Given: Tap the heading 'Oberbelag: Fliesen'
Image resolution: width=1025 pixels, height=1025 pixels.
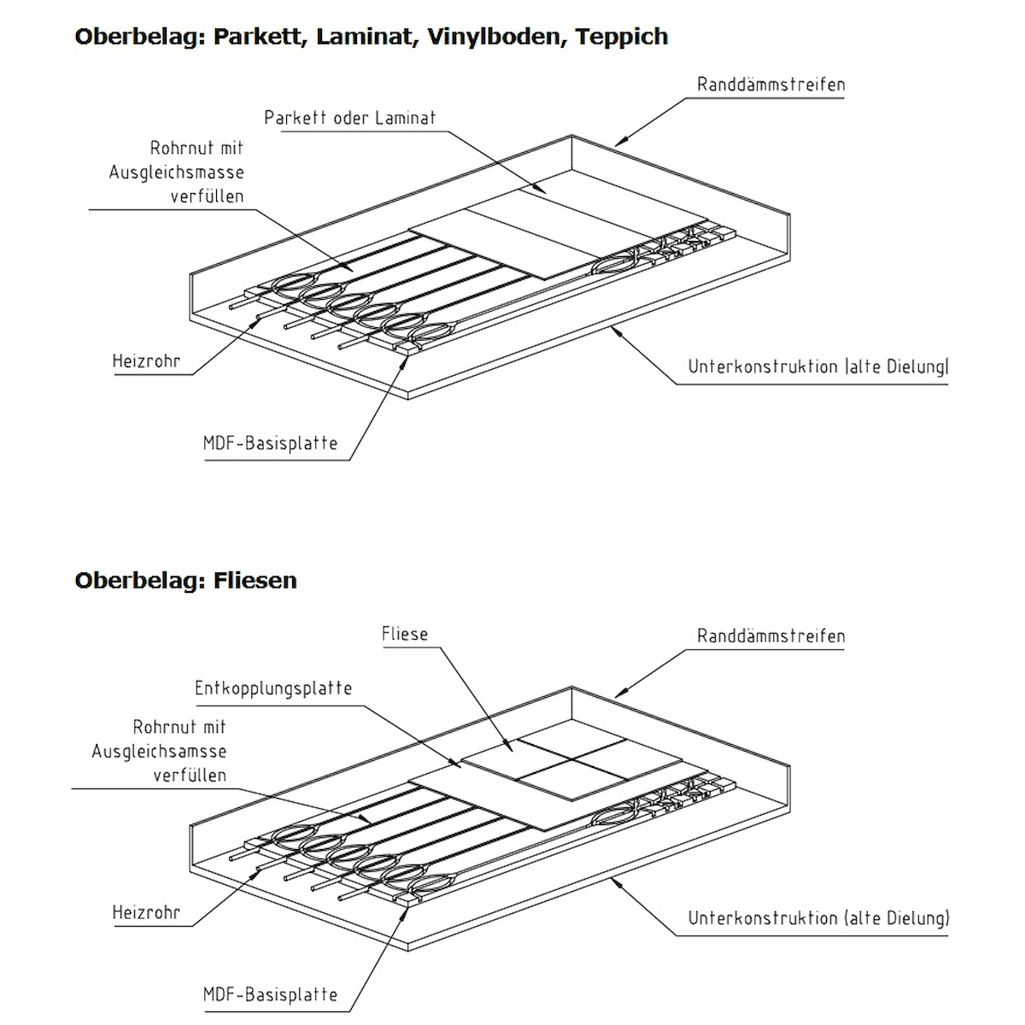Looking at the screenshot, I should (185, 580).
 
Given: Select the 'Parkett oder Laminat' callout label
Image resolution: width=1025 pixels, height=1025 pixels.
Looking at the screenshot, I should (349, 118).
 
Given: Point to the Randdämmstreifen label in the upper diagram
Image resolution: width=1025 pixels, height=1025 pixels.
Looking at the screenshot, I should (770, 85).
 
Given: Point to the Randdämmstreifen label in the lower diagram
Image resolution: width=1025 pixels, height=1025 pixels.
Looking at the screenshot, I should (770, 635).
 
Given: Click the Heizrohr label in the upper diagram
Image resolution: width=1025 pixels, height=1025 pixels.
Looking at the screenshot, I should (146, 361).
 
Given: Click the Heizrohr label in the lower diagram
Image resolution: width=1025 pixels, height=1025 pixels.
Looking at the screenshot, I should (146, 912).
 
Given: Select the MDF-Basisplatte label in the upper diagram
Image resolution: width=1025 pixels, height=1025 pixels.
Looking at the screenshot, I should (270, 443).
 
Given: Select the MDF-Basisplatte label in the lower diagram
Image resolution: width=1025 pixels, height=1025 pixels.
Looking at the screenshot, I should (270, 994).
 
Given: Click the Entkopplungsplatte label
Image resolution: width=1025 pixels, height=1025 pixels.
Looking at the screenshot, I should (273, 688).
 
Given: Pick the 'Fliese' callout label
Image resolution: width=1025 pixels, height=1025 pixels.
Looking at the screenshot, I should (405, 635).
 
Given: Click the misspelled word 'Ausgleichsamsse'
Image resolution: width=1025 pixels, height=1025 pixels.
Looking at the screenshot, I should (159, 752).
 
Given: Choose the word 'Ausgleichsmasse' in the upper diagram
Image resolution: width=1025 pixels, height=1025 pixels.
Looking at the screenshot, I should (176, 173).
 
